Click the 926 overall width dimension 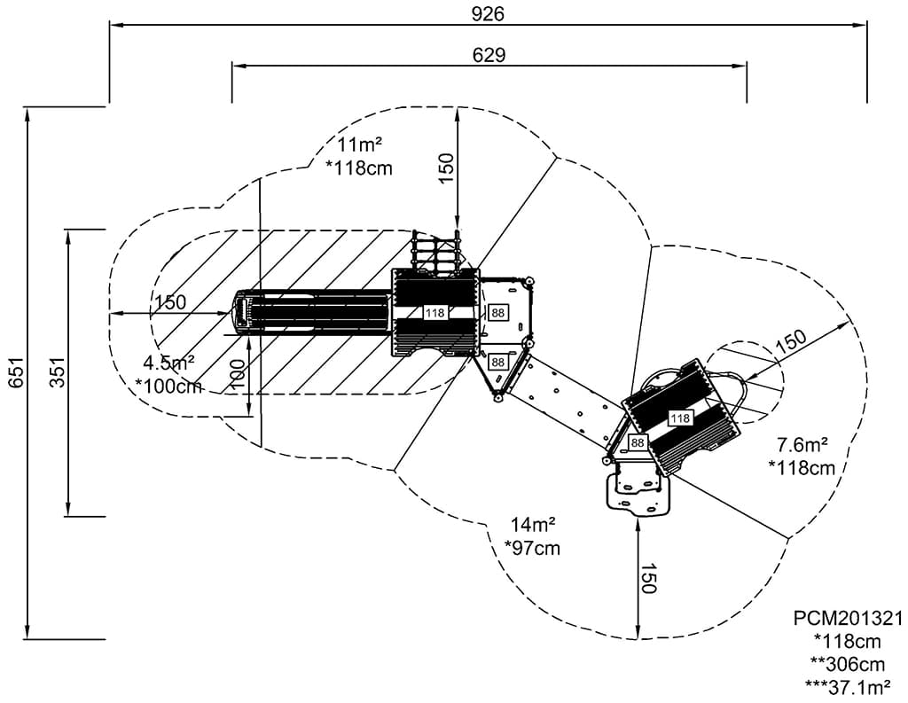tap(488, 13)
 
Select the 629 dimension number tap(488, 55)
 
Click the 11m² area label tap(359, 145)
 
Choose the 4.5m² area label tap(168, 362)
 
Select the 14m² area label tap(532, 525)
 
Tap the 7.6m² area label tap(802, 444)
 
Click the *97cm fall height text tap(532, 548)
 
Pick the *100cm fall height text tap(168, 386)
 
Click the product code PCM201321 tap(849, 618)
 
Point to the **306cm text tap(849, 663)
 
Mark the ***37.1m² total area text tap(849, 685)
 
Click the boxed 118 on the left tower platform tap(434, 313)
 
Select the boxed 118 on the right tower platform tap(680, 418)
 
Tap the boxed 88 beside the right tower tap(638, 442)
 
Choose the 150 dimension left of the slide tap(170, 302)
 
